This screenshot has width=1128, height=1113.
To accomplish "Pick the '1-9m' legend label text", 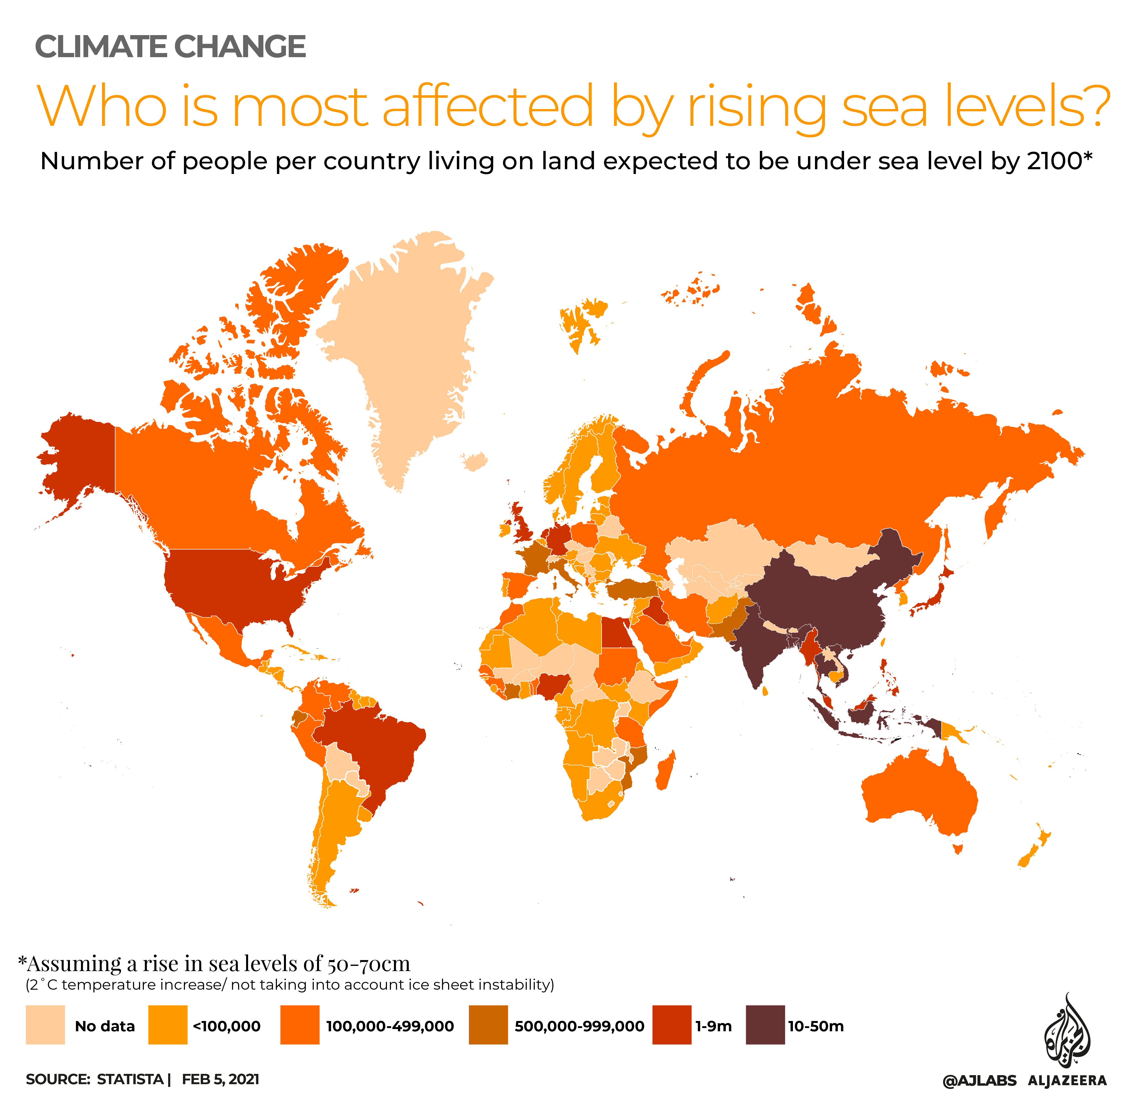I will pos(713,1026).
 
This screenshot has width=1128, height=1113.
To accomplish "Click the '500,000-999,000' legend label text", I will pos(579,1026).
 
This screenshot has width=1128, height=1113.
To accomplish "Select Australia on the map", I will pos(917,794).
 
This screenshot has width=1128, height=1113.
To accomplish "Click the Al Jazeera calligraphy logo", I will pos(1067,1034).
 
